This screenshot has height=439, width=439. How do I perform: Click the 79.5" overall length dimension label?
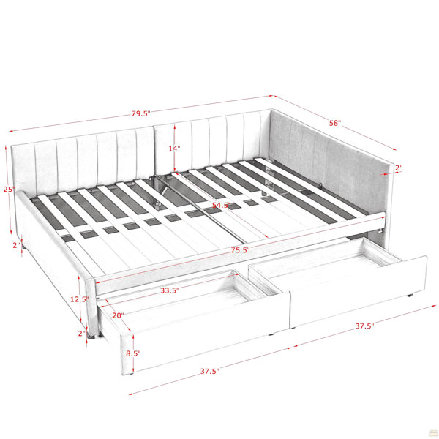coord(140,113)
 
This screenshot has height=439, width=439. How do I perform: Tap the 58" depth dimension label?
coord(335,123)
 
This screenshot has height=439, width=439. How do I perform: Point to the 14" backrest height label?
coord(174,149)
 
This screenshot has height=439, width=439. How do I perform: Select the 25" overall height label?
coord(9,190)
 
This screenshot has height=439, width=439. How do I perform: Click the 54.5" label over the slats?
coord(222,205)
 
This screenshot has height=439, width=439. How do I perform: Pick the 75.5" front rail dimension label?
coord(240,250)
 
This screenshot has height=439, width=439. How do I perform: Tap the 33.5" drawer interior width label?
coord(170,290)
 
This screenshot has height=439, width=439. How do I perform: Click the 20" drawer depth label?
coord(118,315)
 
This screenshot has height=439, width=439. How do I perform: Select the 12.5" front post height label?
coord(79,299)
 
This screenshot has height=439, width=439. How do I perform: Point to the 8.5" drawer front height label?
coord(133,353)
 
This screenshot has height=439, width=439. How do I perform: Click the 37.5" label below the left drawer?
coord(209,371)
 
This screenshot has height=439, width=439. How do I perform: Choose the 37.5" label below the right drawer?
coord(364,326)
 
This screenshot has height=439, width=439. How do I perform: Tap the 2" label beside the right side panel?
coord(399,168)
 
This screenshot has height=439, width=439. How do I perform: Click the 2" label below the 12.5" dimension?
coord(82,334)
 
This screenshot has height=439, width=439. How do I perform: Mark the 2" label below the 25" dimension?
coord(17,245)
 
